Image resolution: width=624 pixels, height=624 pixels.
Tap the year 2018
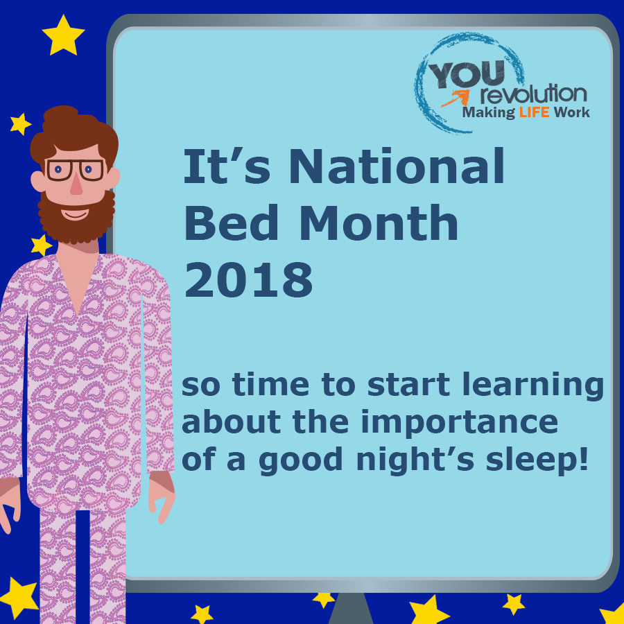point(249,279)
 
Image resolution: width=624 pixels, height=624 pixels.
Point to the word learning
point(533,385)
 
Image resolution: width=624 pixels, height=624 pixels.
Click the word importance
point(459,423)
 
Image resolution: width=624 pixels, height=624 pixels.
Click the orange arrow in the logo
point(456,98)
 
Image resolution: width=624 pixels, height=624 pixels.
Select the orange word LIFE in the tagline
point(534,112)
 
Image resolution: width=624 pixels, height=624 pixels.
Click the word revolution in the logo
point(534,94)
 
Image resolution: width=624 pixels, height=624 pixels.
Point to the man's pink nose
point(76,184)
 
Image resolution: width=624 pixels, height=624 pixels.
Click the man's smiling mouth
point(75,214)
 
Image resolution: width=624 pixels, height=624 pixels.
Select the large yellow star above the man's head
point(63,36)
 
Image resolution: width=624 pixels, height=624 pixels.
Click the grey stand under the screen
point(350,608)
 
